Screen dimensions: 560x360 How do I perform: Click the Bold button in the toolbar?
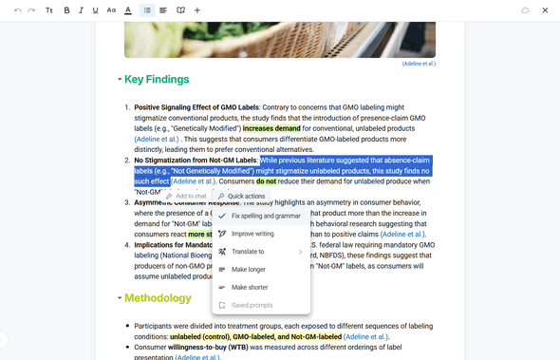[x=66, y=10]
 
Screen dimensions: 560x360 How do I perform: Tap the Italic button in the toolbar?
[x=82, y=10]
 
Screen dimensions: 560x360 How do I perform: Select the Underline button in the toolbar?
[x=96, y=10]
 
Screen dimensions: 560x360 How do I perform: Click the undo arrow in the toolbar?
[x=17, y=10]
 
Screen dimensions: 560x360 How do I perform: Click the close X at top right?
[x=545, y=10]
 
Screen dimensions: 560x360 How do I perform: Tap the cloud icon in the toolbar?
[x=525, y=10]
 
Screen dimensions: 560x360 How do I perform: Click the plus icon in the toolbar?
[x=196, y=10]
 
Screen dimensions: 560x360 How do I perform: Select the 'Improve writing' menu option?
[x=252, y=234]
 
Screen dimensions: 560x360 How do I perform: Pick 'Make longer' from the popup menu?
[x=249, y=270]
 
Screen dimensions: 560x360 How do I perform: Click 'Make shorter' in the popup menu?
[x=250, y=287]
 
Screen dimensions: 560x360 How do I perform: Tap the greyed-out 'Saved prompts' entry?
[x=252, y=305]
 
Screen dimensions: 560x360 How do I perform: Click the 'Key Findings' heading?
[x=157, y=80]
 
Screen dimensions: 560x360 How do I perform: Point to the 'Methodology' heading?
[x=158, y=298]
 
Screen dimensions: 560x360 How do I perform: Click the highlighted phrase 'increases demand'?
[x=271, y=128]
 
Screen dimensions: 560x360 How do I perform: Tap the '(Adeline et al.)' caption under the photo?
[x=419, y=64]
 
